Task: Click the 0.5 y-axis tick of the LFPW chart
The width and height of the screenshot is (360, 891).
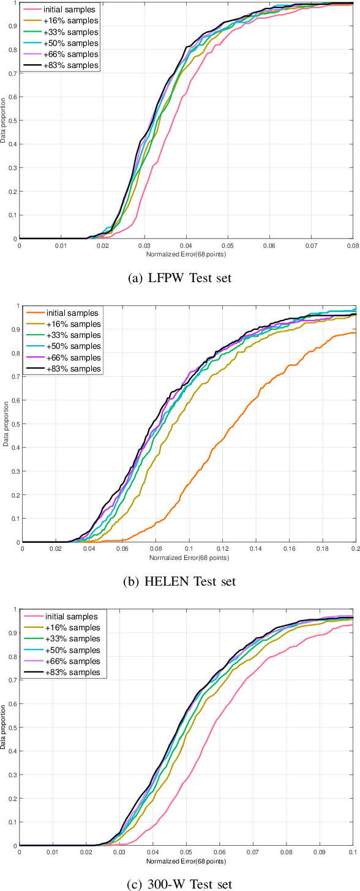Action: point(13,121)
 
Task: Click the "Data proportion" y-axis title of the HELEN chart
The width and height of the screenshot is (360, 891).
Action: point(6,423)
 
